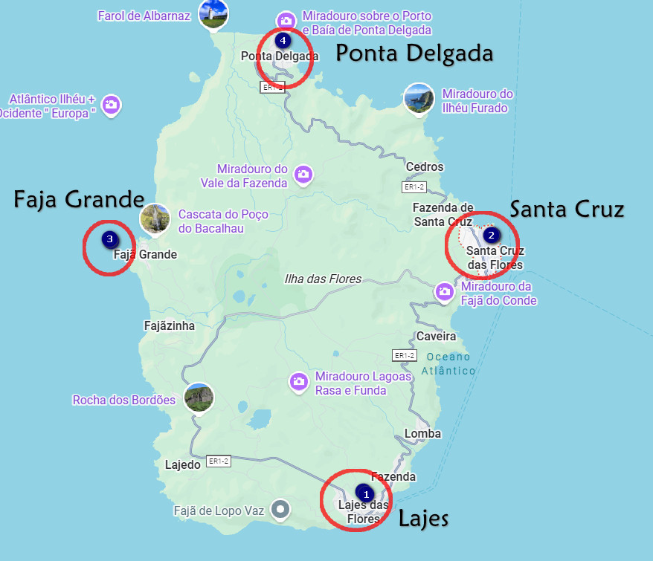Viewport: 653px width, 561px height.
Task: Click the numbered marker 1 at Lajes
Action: [364, 492]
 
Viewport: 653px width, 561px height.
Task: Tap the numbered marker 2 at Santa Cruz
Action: [491, 236]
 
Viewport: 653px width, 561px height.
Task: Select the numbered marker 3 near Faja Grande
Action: [110, 239]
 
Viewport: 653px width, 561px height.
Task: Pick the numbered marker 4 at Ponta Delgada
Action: [282, 40]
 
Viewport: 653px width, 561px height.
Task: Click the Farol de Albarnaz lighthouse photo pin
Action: [213, 14]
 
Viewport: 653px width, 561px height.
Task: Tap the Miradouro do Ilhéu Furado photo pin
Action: [419, 99]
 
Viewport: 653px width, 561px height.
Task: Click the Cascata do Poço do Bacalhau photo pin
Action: [155, 219]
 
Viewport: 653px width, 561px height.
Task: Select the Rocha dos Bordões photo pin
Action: [199, 398]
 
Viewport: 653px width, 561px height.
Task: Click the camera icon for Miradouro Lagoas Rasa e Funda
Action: [299, 382]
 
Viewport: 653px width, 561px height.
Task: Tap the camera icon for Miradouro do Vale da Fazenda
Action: [303, 175]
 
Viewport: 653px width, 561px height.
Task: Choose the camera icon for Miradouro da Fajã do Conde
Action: [445, 291]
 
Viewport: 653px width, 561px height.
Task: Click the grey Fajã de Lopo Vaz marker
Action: [280, 510]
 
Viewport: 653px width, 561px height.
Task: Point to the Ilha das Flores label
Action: [323, 279]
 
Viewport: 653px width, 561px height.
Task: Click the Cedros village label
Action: [425, 166]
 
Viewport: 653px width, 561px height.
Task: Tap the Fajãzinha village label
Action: [169, 325]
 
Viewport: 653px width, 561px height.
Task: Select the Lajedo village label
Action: [183, 465]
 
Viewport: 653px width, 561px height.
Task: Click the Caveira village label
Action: [436, 336]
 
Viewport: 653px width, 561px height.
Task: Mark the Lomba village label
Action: [422, 433]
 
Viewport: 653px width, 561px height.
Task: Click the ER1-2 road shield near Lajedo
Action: [219, 461]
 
